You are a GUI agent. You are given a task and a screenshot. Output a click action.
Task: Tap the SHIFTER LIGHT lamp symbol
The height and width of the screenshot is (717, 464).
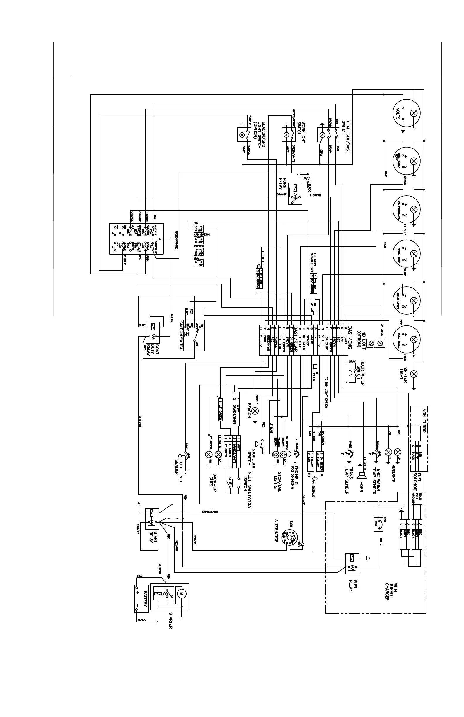click(x=414, y=374)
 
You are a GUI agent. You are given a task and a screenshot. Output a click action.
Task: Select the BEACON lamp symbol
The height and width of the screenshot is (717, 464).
click(x=255, y=411)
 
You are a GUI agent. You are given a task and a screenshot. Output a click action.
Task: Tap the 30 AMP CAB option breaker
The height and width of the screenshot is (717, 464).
click(x=199, y=240)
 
